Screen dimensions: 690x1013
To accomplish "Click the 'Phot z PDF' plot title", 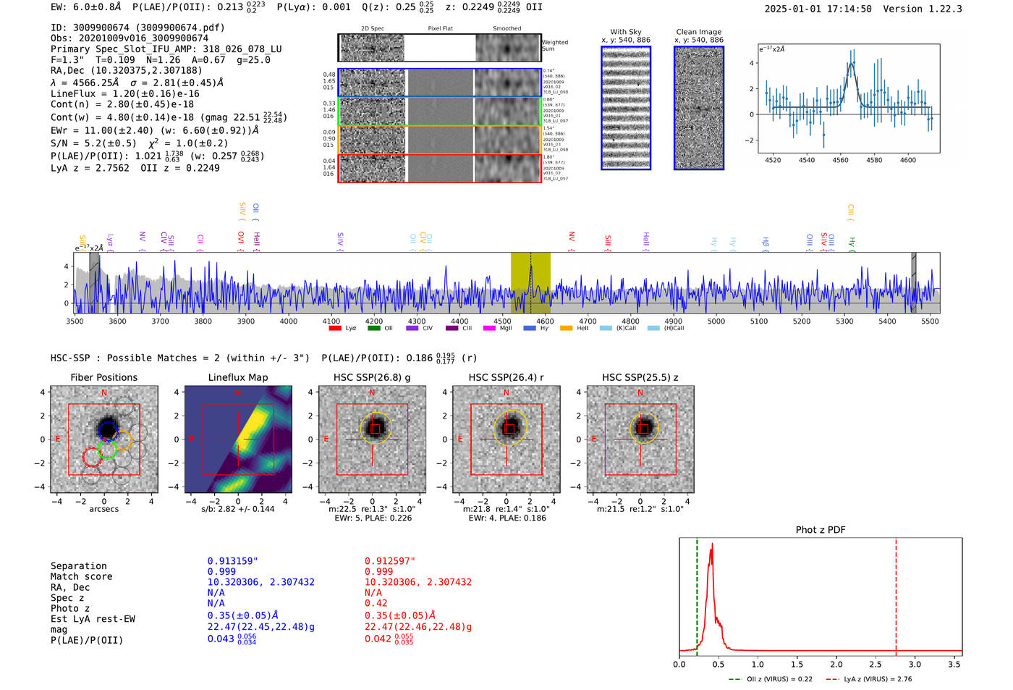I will [820, 530].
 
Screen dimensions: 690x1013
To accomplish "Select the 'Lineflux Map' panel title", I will [237, 377].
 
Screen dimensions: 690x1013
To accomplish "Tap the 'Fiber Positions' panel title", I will [103, 377].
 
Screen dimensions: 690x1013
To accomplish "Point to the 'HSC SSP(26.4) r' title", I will [506, 377].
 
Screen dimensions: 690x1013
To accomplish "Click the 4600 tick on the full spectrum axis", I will [545, 321].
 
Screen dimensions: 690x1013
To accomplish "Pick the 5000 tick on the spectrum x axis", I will [716, 321].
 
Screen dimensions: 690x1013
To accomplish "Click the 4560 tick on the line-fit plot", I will [840, 160].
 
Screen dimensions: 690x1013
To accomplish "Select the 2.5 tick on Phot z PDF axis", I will [875, 664].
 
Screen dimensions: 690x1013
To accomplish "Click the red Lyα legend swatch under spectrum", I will [335, 329].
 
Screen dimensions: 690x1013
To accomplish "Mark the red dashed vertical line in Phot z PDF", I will [896, 594].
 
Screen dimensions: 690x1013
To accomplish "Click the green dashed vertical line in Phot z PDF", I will [697, 594].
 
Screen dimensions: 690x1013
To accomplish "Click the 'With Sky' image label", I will [625, 32].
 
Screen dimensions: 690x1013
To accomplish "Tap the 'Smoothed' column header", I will [506, 29].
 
